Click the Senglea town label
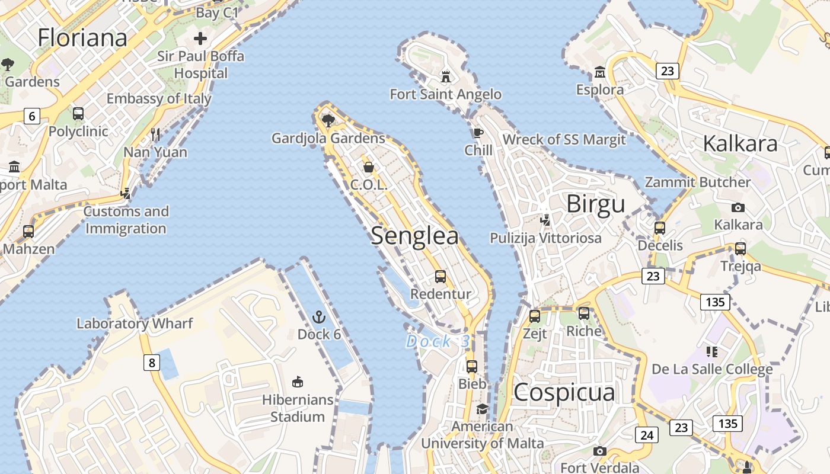[x=414, y=236]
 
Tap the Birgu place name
[x=595, y=204]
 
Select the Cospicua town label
[x=564, y=392]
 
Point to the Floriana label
[x=82, y=38]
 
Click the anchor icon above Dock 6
[x=319, y=316]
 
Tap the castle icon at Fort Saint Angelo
[x=445, y=76]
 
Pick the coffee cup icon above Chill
[x=478, y=132]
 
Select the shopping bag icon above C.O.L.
[x=368, y=167]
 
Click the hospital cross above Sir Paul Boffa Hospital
[x=200, y=39]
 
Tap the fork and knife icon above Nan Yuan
[x=155, y=134]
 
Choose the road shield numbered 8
[x=152, y=362]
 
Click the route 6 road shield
[x=32, y=116]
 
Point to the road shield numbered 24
[x=647, y=435]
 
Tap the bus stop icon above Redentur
[x=440, y=276]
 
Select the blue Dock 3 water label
[x=438, y=341]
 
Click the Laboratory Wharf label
[x=135, y=324]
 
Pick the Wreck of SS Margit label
[x=564, y=140]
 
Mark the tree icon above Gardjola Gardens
[x=328, y=121]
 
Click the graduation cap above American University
[x=482, y=409]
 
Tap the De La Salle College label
[x=712, y=370]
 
